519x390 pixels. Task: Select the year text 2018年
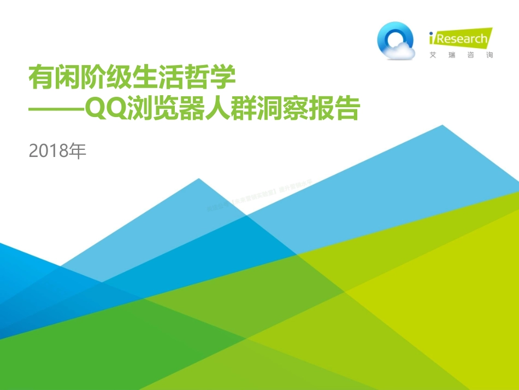(x=57, y=151)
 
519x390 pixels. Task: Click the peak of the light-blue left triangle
(x=199, y=179)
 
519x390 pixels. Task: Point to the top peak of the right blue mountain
(x=441, y=126)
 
